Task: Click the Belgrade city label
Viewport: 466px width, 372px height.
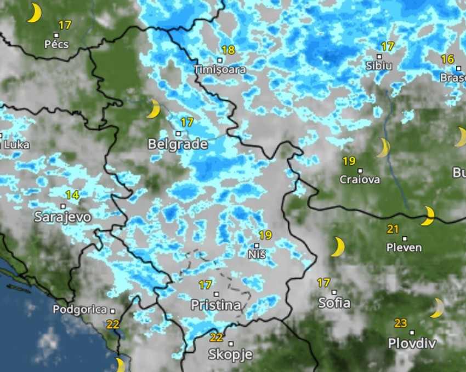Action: pos(178,144)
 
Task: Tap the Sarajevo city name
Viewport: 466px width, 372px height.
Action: pos(62,217)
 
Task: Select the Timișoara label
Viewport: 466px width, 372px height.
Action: pos(219,70)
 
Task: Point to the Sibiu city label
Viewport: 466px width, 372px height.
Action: pos(379,66)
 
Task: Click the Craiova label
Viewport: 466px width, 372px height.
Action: pos(360,179)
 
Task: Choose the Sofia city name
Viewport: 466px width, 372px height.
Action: pos(334,303)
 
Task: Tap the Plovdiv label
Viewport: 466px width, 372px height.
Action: pos(412,344)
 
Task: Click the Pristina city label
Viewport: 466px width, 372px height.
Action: pos(216,305)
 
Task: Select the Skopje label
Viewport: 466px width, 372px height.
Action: pos(230,354)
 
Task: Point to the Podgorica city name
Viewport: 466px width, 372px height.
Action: pos(79,310)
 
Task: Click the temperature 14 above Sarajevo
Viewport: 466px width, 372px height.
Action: pos(72,195)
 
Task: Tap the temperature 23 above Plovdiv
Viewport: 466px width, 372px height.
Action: pos(401,323)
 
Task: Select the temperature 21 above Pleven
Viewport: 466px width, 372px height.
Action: pos(393,229)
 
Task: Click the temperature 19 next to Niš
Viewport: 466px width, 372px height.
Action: pos(265,235)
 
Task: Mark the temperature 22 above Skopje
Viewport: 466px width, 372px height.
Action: pos(217,338)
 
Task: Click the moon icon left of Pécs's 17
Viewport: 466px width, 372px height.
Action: pos(34,13)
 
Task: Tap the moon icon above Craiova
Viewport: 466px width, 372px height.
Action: pos(383,148)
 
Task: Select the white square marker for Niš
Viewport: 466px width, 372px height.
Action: pos(257,246)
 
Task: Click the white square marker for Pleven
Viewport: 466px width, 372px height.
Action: pos(405,239)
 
